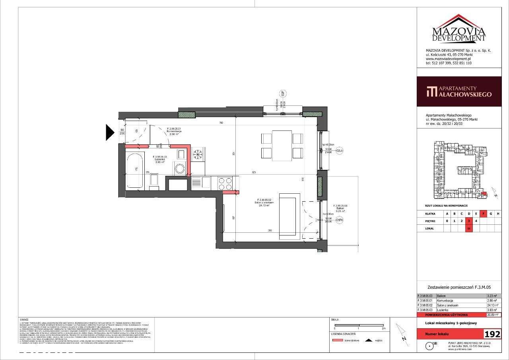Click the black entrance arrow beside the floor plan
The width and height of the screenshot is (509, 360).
coord(110,132)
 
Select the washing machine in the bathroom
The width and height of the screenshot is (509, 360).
coord(181,168)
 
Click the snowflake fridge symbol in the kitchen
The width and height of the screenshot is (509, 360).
coord(197,154)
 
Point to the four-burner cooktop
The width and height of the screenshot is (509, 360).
coord(226,183)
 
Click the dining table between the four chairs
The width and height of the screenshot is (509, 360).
coord(282,146)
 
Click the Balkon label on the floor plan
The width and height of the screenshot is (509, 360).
coord(340,208)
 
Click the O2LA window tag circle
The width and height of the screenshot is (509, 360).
coord(339,151)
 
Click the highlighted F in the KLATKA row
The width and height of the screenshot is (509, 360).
coord(484,214)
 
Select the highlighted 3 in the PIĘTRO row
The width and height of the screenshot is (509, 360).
coord(469,221)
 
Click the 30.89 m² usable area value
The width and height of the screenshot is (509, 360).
coord(493,315)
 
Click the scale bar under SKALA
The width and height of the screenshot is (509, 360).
coord(359,325)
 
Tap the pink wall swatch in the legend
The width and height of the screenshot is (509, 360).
coord(338,341)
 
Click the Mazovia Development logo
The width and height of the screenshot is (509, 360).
coord(459,29)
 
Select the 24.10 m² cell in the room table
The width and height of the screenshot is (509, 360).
coord(493,305)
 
